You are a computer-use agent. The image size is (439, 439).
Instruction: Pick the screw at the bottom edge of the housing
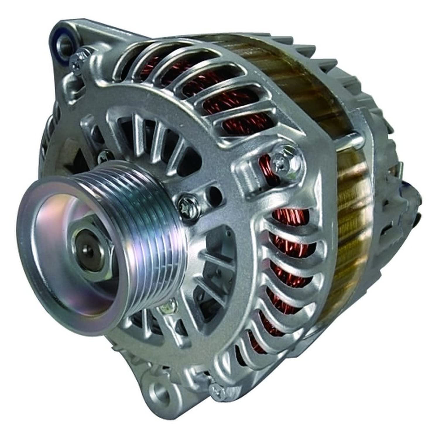point(216,389)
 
